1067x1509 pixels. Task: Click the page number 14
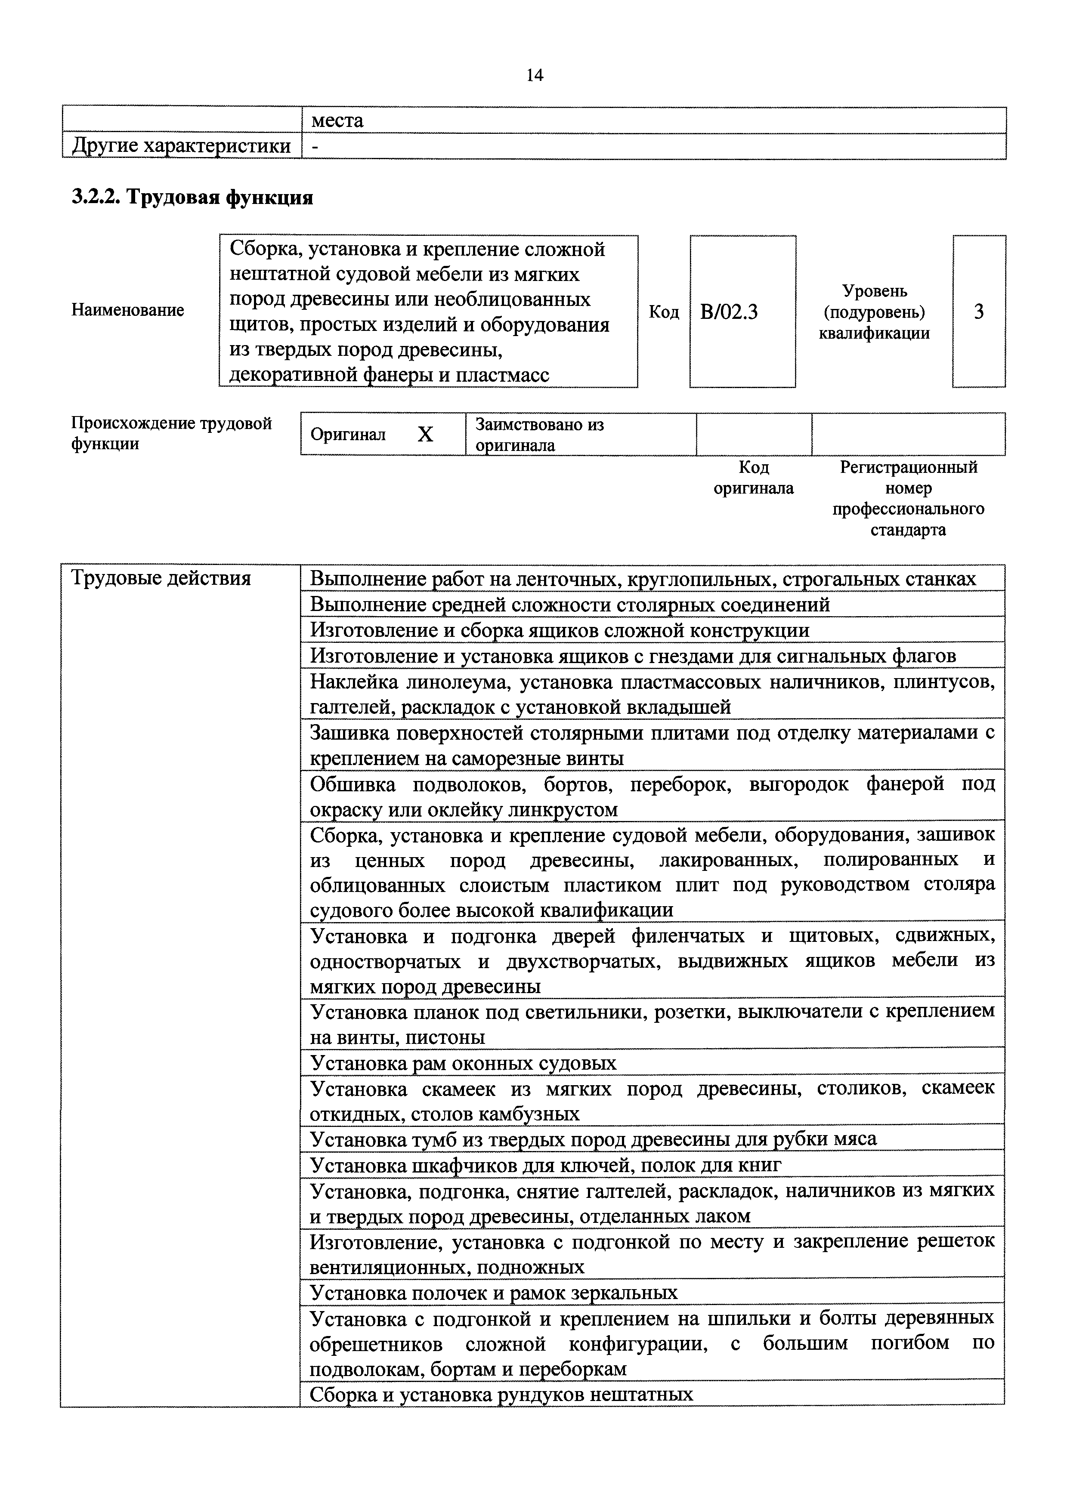(535, 76)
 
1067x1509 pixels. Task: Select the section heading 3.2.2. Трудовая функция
(192, 197)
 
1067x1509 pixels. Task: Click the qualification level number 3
(978, 312)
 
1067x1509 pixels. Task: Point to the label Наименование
(127, 310)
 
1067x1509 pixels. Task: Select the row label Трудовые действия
(161, 578)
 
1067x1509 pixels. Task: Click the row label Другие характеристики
(181, 145)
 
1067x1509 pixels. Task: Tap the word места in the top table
(337, 120)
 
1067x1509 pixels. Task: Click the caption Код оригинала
(753, 478)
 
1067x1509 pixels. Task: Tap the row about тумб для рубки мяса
(593, 1139)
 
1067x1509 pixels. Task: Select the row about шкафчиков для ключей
(546, 1165)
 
